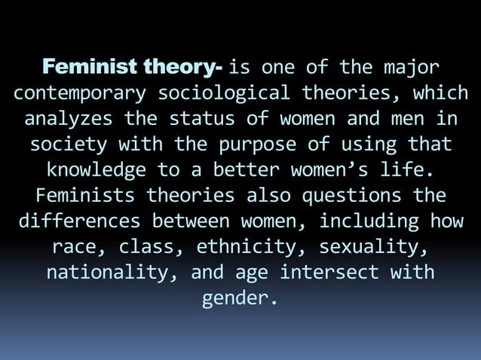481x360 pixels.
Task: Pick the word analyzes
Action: (69, 120)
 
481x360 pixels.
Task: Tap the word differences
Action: (79, 221)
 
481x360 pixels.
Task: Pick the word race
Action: (78, 246)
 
